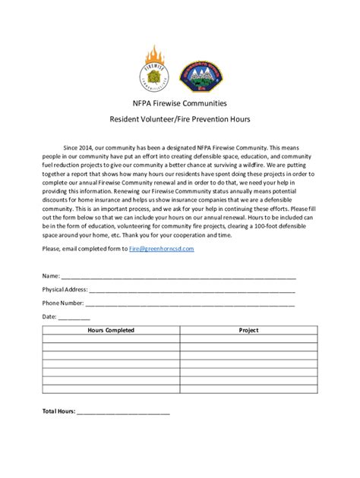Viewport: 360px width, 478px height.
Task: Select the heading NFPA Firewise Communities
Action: pyautogui.click(x=180, y=102)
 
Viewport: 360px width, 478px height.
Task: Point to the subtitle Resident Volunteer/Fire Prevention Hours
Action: pyautogui.click(x=180, y=119)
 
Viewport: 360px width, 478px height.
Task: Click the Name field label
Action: pyautogui.click(x=50, y=276)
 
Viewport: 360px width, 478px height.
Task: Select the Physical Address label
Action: pyautogui.click(x=65, y=290)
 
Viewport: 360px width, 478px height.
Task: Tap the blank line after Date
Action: pyautogui.click(x=74, y=318)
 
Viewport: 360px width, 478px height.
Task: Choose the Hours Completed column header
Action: pyautogui.click(x=111, y=330)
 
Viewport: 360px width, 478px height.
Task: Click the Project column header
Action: pyautogui.click(x=248, y=330)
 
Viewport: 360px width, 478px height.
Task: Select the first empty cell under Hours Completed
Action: pyautogui.click(x=111, y=339)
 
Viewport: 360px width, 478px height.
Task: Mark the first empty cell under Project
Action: pyautogui.click(x=248, y=339)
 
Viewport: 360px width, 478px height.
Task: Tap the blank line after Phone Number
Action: pyautogui.click(x=188, y=304)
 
